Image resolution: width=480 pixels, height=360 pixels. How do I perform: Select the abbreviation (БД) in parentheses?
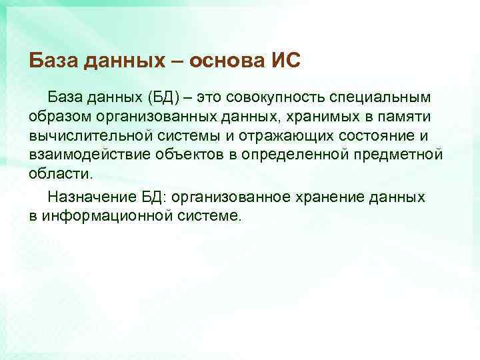click(x=158, y=99)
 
